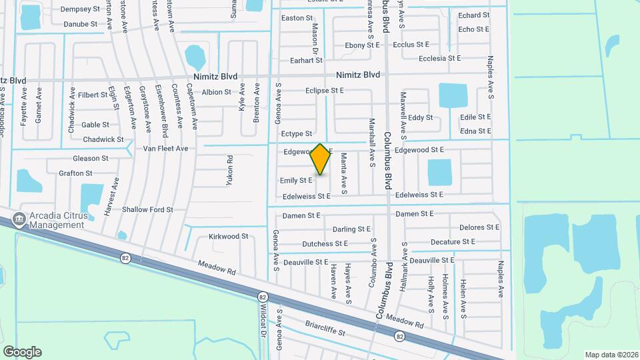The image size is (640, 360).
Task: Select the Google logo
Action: (22, 352)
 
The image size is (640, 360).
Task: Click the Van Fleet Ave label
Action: (165, 149)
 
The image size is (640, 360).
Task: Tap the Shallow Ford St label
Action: (147, 209)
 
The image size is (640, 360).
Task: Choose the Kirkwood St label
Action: (228, 237)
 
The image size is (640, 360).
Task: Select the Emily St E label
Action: (296, 181)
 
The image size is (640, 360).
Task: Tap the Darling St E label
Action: (351, 229)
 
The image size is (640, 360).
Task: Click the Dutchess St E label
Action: (325, 244)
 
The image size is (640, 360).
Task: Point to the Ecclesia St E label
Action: (439, 59)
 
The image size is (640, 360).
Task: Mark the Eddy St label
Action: (420, 118)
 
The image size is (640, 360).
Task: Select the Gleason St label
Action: (91, 159)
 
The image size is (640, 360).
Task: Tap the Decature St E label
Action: (453, 242)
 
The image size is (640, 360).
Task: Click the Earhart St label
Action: (307, 61)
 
